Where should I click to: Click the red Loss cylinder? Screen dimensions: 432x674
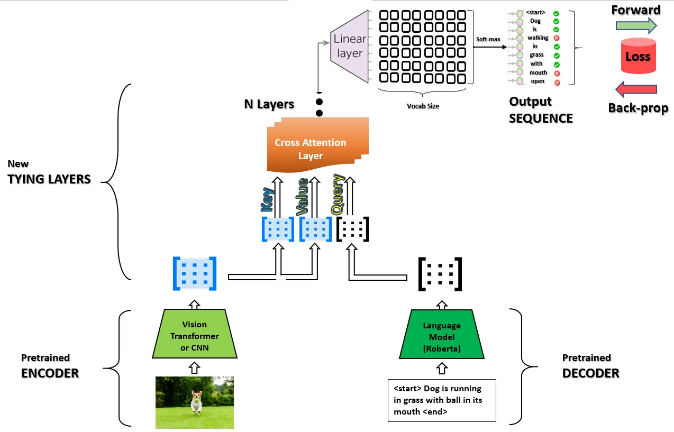[637, 56]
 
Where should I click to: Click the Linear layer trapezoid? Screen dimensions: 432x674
[350, 46]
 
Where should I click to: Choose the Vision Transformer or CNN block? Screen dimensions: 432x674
[194, 336]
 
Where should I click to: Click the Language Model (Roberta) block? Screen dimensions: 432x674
[442, 337]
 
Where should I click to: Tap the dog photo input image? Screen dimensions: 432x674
[195, 402]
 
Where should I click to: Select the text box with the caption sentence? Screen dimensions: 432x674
[442, 400]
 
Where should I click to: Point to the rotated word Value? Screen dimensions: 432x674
[302, 197]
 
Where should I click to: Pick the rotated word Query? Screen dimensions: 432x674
[338, 195]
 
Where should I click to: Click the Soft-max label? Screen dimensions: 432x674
[488, 39]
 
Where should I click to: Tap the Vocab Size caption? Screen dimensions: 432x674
[423, 106]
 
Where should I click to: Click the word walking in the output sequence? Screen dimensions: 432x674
[538, 38]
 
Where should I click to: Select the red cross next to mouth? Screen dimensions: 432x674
[557, 73]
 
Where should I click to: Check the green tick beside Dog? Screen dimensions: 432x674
[557, 22]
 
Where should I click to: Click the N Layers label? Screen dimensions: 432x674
[269, 104]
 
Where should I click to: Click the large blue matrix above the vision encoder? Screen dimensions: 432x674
[195, 273]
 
